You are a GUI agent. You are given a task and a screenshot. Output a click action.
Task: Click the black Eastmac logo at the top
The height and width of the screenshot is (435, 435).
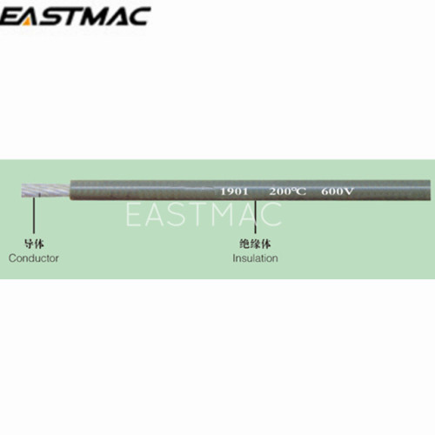click(75, 17)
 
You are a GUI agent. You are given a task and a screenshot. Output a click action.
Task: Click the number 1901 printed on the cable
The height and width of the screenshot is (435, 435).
click(234, 191)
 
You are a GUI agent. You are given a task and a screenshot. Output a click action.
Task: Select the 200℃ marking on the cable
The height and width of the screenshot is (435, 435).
click(287, 191)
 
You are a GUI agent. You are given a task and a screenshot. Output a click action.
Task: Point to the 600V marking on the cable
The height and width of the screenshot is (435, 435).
click(338, 191)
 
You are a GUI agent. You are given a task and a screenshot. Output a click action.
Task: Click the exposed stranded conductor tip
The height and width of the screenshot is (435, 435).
click(46, 191)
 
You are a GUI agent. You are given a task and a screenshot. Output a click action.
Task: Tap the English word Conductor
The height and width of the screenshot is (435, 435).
click(34, 258)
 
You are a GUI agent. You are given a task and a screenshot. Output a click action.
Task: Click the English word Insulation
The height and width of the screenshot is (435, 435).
click(255, 258)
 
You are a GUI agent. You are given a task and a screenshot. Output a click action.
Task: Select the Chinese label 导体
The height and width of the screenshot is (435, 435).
click(34, 244)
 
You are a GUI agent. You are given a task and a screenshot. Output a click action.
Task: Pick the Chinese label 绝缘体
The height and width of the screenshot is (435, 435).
click(255, 244)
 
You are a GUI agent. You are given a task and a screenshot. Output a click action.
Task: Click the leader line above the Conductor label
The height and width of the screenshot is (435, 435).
click(34, 215)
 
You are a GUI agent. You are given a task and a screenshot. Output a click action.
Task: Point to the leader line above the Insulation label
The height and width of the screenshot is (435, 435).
click(255, 217)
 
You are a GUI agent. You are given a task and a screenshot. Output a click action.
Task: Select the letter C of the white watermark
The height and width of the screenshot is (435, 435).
click(271, 215)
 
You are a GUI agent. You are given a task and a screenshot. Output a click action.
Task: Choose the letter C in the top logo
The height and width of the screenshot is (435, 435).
click(138, 17)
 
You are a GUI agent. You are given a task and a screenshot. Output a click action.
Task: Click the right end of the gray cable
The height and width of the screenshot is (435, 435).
click(430, 191)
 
